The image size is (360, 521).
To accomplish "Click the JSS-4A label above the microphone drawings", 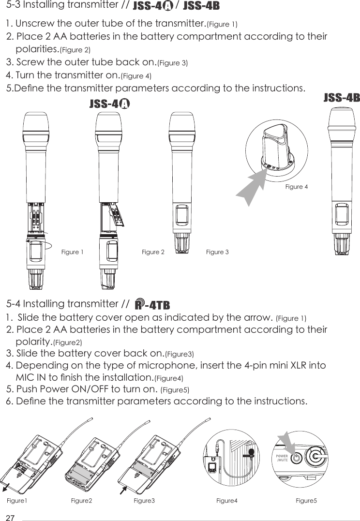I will [110, 104].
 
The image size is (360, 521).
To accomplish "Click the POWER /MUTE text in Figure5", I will [282, 458].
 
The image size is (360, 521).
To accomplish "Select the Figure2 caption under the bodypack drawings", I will [81, 501].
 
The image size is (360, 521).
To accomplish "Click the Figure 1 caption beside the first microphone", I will [73, 252].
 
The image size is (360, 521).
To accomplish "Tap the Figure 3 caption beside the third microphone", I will [217, 252].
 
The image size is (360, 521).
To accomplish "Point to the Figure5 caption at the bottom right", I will [306, 501].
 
